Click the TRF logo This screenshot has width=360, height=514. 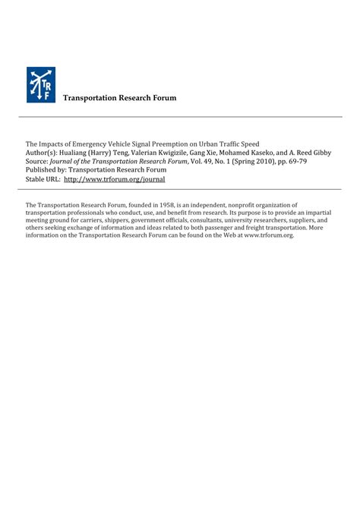pyautogui.click(x=41, y=85)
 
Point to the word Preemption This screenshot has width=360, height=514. pyautogui.click(x=188, y=143)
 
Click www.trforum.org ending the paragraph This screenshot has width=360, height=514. pyautogui.click(x=268, y=235)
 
